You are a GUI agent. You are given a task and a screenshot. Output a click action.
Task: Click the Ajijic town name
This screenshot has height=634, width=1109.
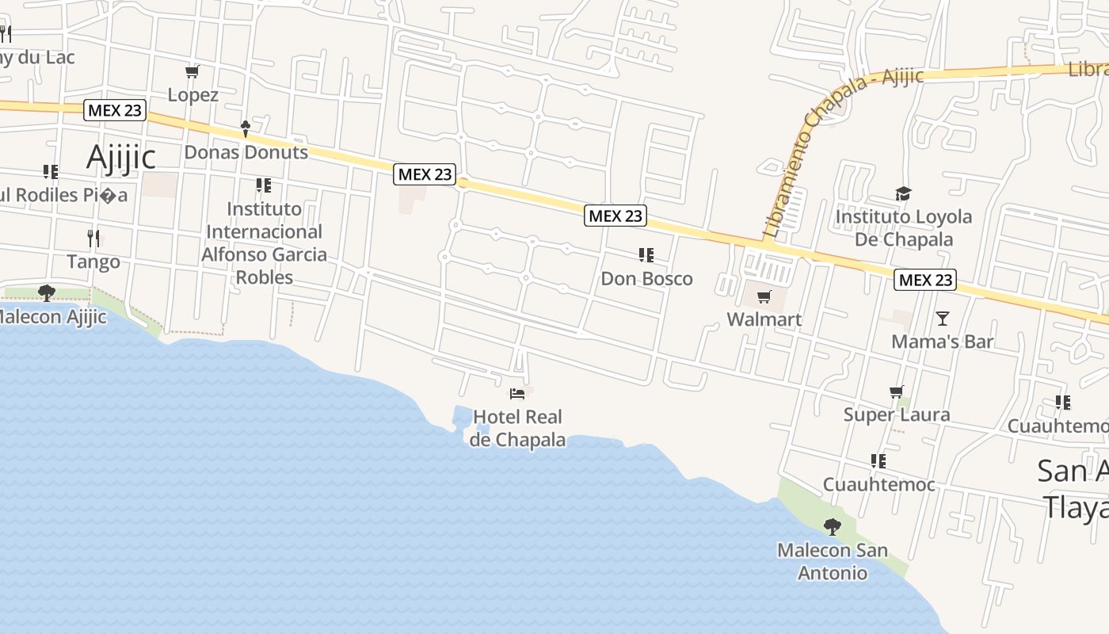click(120, 157)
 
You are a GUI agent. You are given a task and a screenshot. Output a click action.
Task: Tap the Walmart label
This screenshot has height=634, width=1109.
click(764, 319)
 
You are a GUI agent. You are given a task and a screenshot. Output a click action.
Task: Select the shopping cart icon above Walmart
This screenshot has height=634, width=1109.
click(764, 297)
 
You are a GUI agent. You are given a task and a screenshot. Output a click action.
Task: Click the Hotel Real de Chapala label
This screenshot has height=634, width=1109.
click(517, 428)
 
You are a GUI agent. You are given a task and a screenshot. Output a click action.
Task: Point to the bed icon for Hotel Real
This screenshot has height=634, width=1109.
click(517, 393)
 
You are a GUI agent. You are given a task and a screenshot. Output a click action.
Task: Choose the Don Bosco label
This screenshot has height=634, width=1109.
click(646, 279)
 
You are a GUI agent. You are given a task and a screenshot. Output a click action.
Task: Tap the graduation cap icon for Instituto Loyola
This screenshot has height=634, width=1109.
click(903, 194)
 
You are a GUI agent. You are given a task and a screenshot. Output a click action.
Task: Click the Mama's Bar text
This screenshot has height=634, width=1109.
click(942, 342)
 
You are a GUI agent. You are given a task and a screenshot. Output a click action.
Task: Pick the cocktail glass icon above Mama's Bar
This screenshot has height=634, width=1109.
click(942, 319)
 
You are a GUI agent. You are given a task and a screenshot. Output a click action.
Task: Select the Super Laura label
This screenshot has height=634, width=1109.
click(896, 414)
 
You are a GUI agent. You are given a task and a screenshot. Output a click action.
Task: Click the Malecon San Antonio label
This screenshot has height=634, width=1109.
click(832, 561)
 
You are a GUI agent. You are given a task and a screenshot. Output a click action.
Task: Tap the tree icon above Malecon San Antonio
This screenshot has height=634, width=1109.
click(832, 526)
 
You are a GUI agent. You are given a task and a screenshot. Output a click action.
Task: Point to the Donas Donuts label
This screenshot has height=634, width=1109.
click(246, 152)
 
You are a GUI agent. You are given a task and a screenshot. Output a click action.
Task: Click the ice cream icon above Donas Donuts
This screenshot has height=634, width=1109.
click(246, 128)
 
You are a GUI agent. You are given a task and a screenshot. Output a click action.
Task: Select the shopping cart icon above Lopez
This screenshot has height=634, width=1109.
click(192, 72)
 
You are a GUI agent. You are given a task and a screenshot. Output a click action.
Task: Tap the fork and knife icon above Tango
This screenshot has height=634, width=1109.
click(93, 237)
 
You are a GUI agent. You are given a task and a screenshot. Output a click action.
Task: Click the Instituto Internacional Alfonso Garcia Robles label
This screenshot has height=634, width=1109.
click(264, 243)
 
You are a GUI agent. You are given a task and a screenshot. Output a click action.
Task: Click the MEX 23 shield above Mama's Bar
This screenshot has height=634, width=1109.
click(925, 280)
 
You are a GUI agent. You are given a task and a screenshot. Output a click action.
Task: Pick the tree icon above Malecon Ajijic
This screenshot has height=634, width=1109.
click(47, 293)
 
